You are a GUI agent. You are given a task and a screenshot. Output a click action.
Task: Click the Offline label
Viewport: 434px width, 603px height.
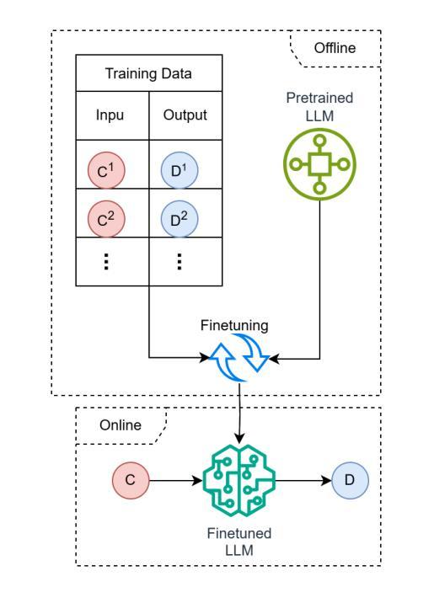pos(335,48)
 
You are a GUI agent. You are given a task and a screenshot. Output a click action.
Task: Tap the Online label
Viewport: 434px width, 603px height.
pos(121,425)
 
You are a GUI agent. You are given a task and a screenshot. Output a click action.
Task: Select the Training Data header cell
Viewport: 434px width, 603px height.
pos(149,73)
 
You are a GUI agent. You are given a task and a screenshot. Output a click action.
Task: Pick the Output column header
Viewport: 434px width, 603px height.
pos(185,115)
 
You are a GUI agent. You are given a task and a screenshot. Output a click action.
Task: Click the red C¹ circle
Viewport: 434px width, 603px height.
pos(106,170)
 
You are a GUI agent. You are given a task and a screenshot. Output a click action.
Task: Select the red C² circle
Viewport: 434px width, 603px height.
pos(106,219)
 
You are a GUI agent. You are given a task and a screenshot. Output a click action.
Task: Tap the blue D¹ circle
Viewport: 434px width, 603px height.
pos(179,170)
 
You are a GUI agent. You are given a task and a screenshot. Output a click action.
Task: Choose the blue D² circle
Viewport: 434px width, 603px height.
pos(179,219)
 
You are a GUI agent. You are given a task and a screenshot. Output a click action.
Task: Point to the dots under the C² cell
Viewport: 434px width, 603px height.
pos(106,262)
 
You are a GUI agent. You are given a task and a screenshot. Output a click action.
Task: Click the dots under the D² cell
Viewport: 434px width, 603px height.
pos(179,262)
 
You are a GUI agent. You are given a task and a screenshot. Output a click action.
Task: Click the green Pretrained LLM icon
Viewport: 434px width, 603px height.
pos(319,164)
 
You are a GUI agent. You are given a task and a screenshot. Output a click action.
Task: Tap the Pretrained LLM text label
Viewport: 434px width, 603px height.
pos(319,106)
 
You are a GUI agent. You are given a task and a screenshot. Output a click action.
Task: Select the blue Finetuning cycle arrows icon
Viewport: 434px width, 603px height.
pos(239,358)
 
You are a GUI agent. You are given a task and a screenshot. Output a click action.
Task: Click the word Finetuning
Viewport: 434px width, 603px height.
pos(234,325)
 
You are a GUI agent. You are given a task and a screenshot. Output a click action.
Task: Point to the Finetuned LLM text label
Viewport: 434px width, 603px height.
pos(239,542)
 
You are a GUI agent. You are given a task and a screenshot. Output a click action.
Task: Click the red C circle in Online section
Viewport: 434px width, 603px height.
pos(131,480)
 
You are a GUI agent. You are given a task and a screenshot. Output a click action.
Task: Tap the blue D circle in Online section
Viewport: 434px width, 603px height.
pos(350,480)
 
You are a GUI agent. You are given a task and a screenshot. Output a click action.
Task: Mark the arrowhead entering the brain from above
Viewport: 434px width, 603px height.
pos(239,439)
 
